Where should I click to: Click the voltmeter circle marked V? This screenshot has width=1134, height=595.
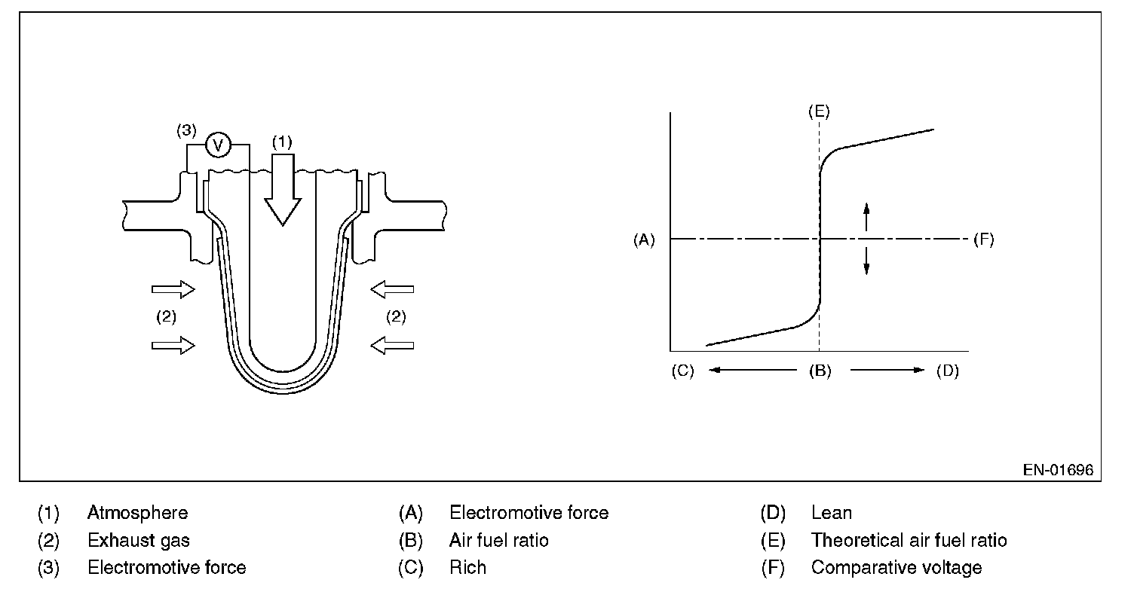pos(218,145)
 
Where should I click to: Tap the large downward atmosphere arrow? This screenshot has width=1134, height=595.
pos(283,190)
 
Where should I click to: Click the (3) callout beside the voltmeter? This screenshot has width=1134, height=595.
pos(186,130)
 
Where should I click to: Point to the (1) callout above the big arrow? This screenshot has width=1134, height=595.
pos(282,142)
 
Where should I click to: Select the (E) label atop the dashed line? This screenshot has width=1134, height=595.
pos(819,111)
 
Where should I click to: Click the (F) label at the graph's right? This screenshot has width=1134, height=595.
pos(984,239)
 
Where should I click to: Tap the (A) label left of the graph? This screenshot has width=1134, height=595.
pos(644,240)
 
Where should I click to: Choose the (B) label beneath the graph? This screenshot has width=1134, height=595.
pos(820,371)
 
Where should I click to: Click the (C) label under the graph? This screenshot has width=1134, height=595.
pos(682,371)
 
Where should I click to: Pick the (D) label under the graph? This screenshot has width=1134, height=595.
pos(947,371)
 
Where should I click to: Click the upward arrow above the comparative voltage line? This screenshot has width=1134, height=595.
pos(866,217)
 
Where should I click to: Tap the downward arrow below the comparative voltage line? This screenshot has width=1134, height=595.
pos(866,261)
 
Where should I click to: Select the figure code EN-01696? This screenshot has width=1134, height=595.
pos(1058,470)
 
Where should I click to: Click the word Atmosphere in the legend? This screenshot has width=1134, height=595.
pos(138,513)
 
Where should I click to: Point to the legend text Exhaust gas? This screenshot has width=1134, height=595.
pos(139,541)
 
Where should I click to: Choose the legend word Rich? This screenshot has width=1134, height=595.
pos(467,568)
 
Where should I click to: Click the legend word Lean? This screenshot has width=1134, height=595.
pos(832,513)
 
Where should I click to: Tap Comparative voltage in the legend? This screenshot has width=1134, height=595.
pos(896,568)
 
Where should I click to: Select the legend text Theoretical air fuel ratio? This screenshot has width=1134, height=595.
pos(909,541)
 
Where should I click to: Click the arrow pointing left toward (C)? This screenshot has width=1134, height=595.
pos(752,370)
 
